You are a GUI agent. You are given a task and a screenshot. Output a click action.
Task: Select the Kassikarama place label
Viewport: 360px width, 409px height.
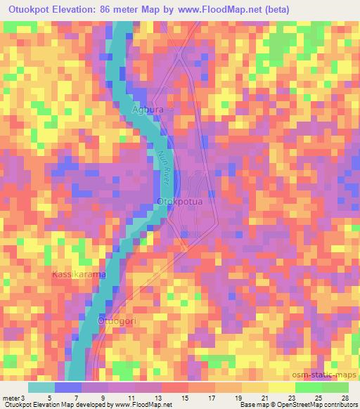point(79,274)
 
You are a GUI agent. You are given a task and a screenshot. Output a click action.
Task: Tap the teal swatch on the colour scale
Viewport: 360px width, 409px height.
point(41,387)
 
